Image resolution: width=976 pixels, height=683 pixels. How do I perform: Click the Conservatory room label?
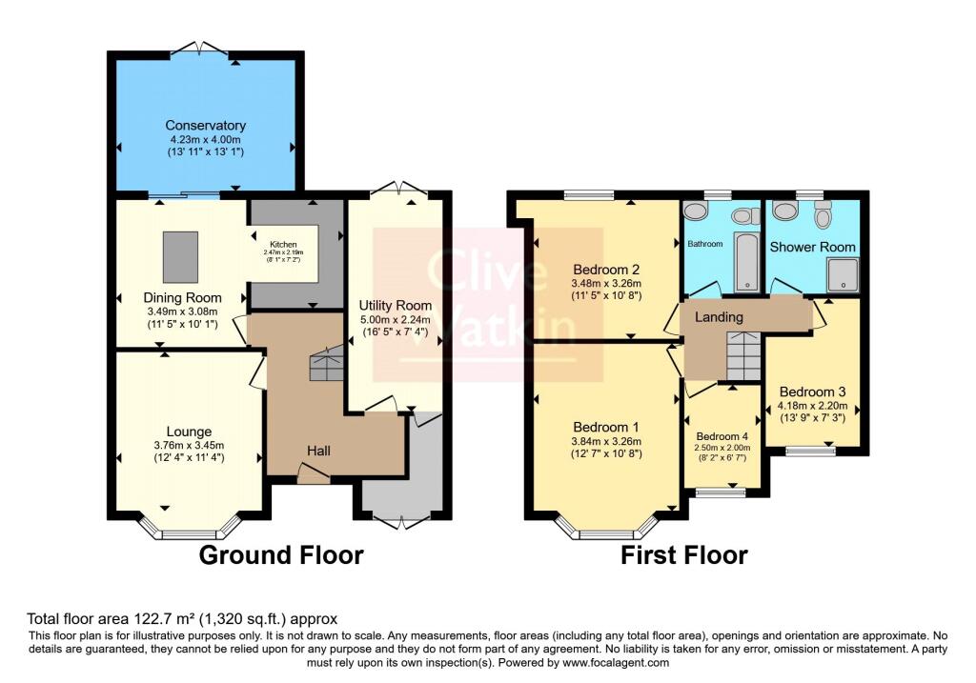pos(205,126)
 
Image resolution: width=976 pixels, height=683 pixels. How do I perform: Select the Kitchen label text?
pos(283,244)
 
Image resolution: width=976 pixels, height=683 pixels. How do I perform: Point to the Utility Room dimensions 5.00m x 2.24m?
pos(395,320)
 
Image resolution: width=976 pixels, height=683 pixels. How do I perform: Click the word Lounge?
pos(189,432)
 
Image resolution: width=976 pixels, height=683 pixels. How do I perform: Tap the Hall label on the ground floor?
pos(318,450)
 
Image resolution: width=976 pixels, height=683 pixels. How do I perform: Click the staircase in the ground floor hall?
pos(326,365)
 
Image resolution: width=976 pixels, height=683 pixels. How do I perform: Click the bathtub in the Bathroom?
pos(745,258)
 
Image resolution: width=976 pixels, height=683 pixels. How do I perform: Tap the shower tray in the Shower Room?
pos(843,275)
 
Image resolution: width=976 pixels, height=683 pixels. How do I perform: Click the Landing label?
pos(719,316)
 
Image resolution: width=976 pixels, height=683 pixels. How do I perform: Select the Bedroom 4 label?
pos(722,436)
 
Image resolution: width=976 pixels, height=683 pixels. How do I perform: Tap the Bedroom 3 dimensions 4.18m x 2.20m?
pos(812,404)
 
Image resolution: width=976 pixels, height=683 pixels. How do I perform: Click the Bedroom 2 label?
pos(606,268)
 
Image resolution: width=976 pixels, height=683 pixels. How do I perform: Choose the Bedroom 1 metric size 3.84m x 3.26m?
pos(606,441)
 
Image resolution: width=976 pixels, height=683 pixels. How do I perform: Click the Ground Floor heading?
pos(280,555)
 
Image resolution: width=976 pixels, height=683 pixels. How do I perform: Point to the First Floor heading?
pos(684,555)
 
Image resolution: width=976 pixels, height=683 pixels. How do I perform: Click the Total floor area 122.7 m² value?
pos(181,618)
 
